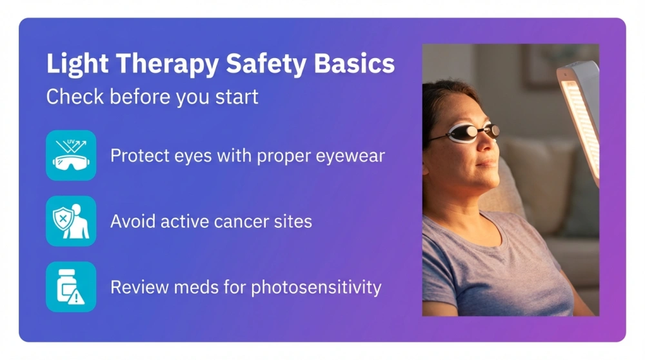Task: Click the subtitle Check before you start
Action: coord(152,97)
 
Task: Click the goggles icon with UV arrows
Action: coord(71,155)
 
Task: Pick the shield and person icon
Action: coord(71,221)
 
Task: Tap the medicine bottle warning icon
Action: coord(71,287)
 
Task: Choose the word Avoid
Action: coord(132,221)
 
